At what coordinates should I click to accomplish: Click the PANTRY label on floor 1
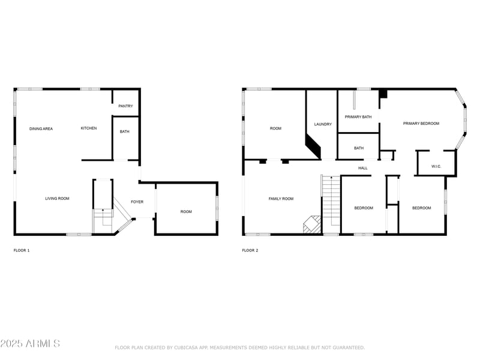tap(125, 106)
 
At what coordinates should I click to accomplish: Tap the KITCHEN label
tap(89, 128)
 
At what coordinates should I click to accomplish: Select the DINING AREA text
tap(41, 128)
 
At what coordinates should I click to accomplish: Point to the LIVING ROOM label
tap(57, 198)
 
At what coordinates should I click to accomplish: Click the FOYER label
tap(137, 202)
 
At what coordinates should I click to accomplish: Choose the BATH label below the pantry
tap(125, 132)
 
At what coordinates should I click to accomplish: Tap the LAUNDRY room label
tap(323, 124)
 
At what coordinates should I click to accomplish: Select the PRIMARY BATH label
tap(358, 117)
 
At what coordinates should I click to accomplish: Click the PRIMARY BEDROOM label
tap(421, 124)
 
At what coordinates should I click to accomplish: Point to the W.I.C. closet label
tap(436, 166)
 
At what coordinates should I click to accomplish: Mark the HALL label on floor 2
tap(363, 168)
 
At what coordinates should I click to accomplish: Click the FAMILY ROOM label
tap(281, 199)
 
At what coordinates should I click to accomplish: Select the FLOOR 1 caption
tap(22, 250)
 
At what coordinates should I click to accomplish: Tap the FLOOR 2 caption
tap(250, 250)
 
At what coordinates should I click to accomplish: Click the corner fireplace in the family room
tap(311, 224)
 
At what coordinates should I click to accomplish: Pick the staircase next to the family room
tap(331, 204)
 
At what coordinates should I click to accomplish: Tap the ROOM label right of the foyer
tap(187, 211)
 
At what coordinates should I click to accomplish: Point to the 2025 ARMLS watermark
tap(30, 344)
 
